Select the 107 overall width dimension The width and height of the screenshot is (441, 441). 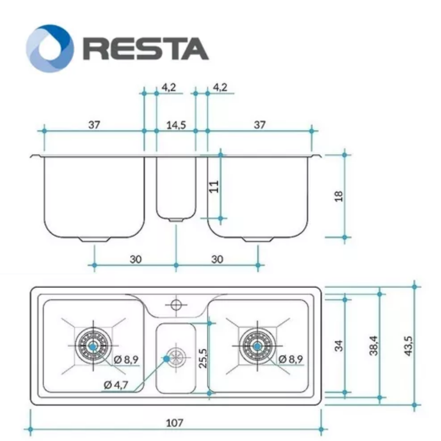pos(174,423)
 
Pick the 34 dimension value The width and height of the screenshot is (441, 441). pos(338,345)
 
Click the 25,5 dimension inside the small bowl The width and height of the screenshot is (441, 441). pos(203,358)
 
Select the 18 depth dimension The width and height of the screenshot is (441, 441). pos(338,196)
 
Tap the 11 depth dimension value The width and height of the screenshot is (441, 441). pos(214,187)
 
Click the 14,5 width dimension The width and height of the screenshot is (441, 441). pos(176,125)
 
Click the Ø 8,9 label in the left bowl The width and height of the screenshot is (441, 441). pos(126,359)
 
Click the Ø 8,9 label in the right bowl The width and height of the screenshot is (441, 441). pos(290,359)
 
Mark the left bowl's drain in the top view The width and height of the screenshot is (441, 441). pos(92,346)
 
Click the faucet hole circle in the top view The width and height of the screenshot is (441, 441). pos(176,304)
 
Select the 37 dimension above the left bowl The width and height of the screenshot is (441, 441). pos(94,125)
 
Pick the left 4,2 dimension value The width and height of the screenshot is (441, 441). pos(169,87)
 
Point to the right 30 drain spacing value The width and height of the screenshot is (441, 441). pos(217,259)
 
